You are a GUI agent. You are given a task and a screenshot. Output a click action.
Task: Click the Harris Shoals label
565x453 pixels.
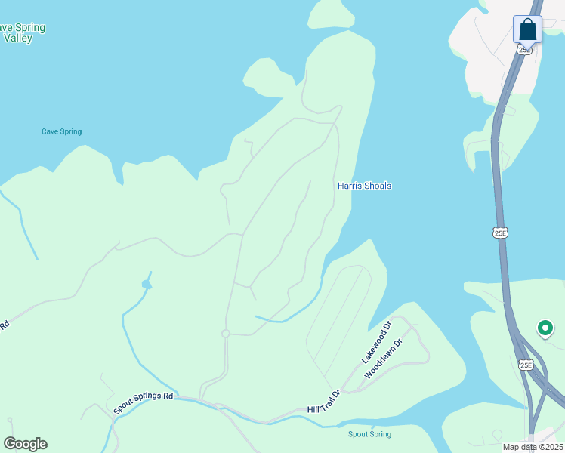pos(364,186)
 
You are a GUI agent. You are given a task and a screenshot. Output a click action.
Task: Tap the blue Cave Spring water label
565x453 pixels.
pos(61,131)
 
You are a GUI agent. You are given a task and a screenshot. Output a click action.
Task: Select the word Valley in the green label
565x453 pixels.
pos(17,38)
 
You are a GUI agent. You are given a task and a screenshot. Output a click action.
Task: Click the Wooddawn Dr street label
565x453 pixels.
pos(384,358)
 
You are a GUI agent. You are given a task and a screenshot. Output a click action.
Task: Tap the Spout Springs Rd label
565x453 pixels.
pos(144,402)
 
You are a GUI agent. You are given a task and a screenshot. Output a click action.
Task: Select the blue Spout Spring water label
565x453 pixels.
pos(369,434)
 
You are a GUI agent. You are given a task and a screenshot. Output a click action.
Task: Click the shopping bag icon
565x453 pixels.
pos(527,30)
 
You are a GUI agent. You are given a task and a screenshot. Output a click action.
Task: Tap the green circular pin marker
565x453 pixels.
pos(545,328)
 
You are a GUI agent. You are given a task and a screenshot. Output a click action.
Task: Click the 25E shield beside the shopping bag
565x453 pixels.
pos(524,50)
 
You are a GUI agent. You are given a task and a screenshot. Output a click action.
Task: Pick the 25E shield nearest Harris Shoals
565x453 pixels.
pos(500,233)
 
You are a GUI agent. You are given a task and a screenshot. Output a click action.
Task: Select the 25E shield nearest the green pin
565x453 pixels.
pos(526,365)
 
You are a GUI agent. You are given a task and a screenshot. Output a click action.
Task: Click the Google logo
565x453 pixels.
pos(25,444)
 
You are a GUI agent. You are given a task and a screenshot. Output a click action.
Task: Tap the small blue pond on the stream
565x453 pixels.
pos(147,284)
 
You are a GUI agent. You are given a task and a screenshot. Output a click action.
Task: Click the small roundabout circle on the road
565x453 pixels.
pos(225,334)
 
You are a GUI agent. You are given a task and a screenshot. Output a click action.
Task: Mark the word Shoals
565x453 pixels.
pos(377,186)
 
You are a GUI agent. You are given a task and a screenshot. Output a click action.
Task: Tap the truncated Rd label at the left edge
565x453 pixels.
pos(4,326)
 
